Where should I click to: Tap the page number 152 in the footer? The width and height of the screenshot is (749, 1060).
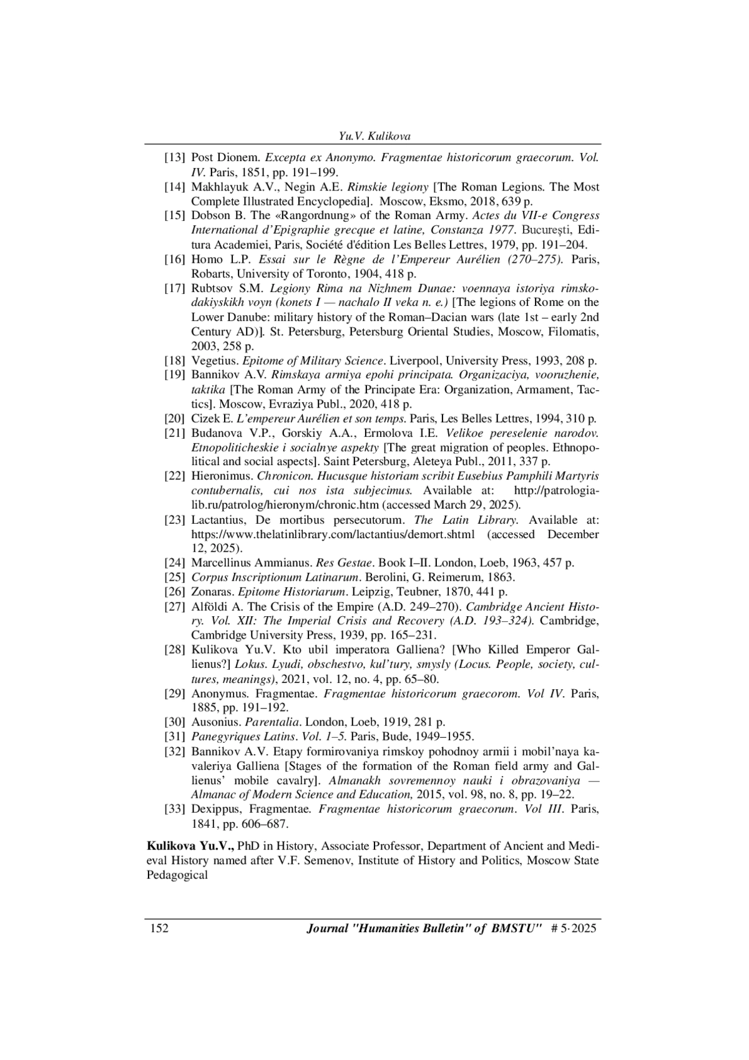coord(159,928)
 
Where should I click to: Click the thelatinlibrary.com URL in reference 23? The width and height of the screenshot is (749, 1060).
coord(333,534)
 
